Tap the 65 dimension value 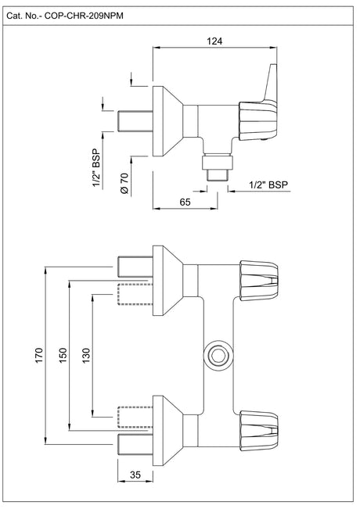click(185, 202)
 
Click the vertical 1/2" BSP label click(97, 168)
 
